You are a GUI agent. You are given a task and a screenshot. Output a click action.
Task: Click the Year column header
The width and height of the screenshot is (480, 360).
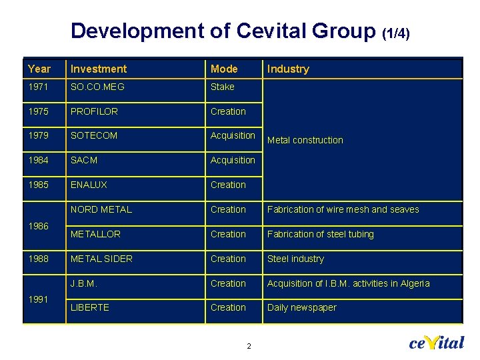[x=39, y=69]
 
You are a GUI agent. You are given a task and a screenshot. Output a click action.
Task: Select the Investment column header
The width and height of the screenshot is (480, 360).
[x=99, y=69]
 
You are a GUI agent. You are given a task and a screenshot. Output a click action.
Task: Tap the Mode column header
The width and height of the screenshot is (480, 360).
[x=224, y=69]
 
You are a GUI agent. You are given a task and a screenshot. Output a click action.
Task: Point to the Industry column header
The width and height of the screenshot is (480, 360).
[x=288, y=69]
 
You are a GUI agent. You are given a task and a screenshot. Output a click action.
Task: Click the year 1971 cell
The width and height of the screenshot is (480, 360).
[x=39, y=87]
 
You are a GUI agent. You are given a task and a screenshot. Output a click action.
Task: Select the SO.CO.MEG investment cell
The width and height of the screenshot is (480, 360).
[x=97, y=87]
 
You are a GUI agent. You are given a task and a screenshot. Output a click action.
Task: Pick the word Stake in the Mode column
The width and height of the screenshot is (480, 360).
[x=223, y=87]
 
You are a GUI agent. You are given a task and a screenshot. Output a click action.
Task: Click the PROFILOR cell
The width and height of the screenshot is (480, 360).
[x=94, y=111]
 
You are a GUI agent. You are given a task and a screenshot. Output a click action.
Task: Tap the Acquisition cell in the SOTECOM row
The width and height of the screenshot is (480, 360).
[x=233, y=135]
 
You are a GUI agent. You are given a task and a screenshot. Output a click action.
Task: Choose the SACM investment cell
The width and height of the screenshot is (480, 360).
[x=85, y=160]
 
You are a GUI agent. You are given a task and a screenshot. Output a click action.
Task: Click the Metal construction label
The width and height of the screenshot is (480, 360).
[x=305, y=140]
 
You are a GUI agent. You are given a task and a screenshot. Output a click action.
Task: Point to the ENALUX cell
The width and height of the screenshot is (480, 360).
[x=89, y=185]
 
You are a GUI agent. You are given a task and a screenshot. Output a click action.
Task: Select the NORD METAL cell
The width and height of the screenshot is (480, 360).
[x=101, y=209]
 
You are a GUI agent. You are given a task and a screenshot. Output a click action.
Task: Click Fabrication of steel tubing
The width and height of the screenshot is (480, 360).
[x=321, y=234]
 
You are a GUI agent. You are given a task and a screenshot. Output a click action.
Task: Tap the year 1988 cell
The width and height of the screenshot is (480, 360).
[x=39, y=259]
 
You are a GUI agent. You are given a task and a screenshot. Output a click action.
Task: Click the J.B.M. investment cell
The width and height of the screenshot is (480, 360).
[x=84, y=283]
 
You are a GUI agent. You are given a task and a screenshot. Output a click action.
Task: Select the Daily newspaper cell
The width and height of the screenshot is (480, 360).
[x=302, y=307]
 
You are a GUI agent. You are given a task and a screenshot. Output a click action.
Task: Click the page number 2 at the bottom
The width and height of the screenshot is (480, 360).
[x=249, y=346]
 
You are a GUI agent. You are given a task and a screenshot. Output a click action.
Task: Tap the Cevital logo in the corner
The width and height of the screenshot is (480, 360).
[x=436, y=343]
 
